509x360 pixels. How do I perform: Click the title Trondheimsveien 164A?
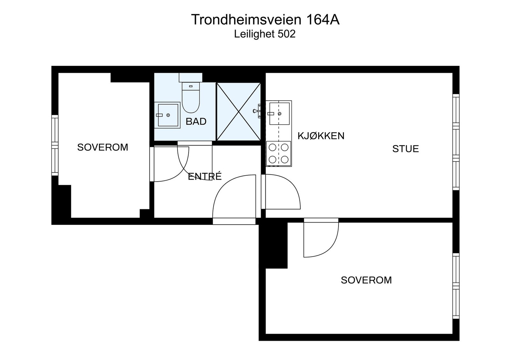click(x=265, y=20)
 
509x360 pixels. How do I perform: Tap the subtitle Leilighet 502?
click(x=265, y=34)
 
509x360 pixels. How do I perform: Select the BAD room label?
click(x=196, y=121)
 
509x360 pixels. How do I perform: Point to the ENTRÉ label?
click(x=205, y=177)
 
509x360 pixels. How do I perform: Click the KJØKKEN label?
click(x=321, y=136)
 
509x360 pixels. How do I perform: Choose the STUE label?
click(x=405, y=149)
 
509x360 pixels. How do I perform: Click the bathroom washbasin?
click(x=167, y=115)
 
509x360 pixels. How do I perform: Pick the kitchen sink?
click(x=279, y=114)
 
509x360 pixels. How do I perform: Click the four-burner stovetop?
click(x=279, y=153)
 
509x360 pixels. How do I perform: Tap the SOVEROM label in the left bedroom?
click(x=102, y=147)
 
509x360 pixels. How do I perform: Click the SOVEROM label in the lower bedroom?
click(x=366, y=280)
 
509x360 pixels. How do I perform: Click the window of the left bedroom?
click(x=55, y=145)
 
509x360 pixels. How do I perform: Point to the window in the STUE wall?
click(x=456, y=142)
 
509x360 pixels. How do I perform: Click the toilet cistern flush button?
click(x=191, y=86)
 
